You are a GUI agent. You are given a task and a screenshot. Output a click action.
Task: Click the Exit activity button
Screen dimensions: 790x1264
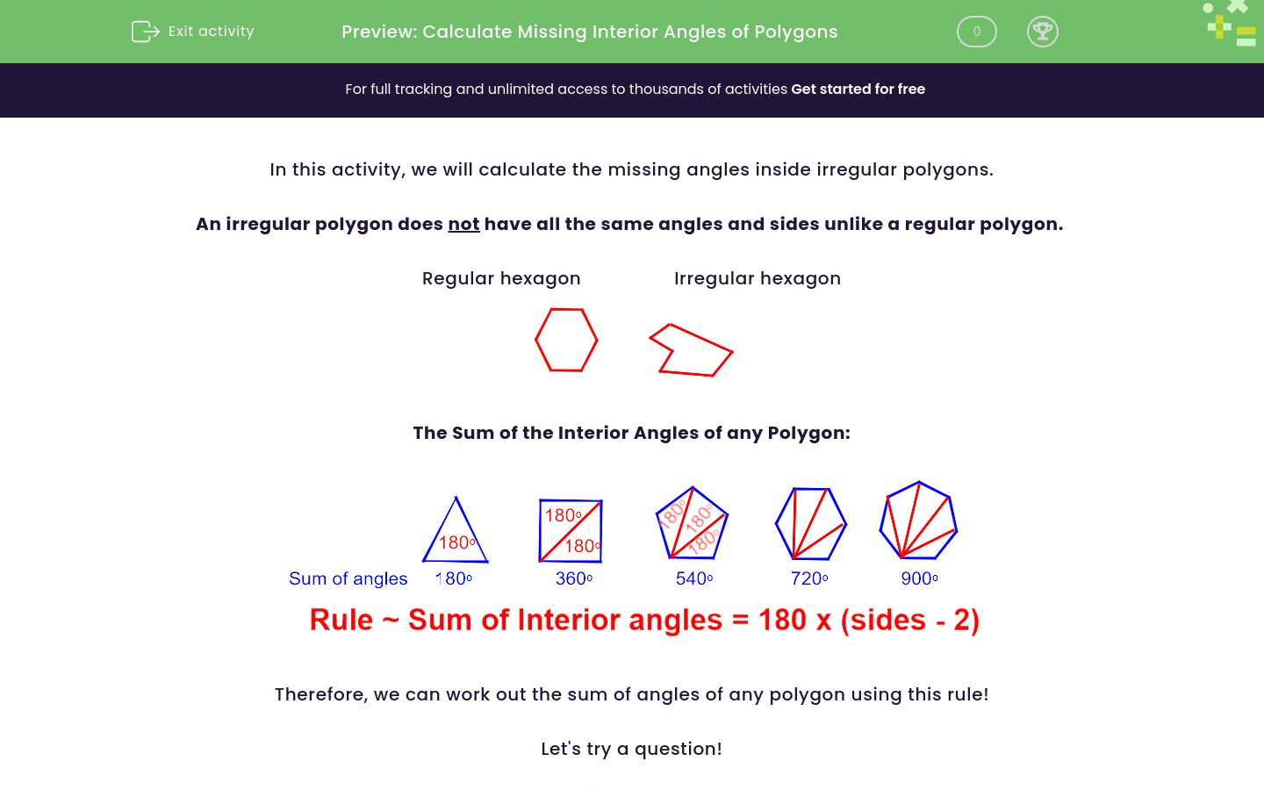coord(193,32)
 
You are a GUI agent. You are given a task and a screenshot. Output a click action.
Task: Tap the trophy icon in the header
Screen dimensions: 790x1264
coord(1042,32)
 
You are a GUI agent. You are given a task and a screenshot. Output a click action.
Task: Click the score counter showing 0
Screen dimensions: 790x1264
coord(976,32)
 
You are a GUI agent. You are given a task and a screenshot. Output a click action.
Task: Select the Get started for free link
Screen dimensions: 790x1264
coord(858,90)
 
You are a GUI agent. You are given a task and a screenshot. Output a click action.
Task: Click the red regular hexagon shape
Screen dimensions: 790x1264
coord(566,340)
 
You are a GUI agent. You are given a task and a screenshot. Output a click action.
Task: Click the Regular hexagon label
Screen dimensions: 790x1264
coord(501,279)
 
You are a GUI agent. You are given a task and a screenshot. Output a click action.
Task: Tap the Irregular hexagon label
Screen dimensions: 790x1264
coord(757,279)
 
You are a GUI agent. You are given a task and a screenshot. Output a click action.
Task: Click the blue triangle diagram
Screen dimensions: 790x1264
coord(456,532)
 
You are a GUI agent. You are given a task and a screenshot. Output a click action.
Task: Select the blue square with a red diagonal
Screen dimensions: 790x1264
coord(571,530)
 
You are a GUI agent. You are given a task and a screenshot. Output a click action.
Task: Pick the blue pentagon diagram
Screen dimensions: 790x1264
coord(693,524)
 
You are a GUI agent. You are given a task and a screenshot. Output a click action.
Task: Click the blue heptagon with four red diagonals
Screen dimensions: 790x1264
coord(918,521)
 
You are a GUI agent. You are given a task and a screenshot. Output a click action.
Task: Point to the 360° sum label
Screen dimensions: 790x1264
coord(574,579)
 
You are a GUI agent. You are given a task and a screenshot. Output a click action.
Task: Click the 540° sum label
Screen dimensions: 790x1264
coord(693,579)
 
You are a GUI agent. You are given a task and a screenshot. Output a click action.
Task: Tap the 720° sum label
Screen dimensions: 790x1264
coord(809,579)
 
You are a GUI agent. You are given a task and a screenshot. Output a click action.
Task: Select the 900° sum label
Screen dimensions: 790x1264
coord(919,579)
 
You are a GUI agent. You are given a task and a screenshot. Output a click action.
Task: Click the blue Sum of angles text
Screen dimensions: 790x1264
coord(348,579)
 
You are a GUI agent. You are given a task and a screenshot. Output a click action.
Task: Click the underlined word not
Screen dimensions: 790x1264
coord(463,225)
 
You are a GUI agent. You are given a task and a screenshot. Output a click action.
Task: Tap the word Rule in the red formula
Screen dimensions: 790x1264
coord(341,621)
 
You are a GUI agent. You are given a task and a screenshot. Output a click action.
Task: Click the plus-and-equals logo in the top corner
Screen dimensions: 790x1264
coord(1232,25)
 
